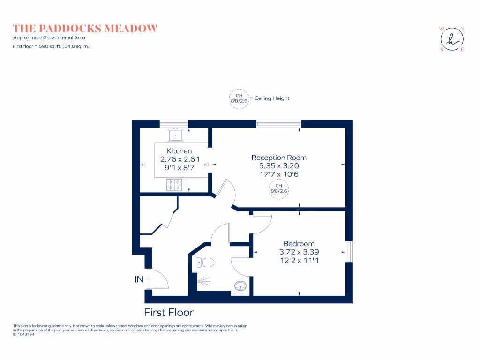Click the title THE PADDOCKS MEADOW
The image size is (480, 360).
click(85, 29)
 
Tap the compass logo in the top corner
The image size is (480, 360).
click(452, 40)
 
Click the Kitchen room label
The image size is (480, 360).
click(180, 151)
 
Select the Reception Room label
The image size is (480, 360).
click(279, 157)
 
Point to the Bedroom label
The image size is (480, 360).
click(299, 244)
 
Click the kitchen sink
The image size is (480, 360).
click(176, 135)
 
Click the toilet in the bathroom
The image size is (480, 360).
click(206, 262)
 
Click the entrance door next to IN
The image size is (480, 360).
click(158, 279)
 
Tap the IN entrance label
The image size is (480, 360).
click(139, 280)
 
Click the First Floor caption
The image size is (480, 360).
click(168, 313)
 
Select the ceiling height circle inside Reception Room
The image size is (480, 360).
click(278, 188)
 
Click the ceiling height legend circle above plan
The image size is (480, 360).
click(239, 98)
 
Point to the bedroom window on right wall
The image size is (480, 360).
click(348, 252)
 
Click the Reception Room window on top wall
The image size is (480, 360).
click(278, 124)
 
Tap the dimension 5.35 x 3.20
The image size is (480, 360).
click(279, 166)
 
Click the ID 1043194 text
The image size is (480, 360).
click(23, 335)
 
